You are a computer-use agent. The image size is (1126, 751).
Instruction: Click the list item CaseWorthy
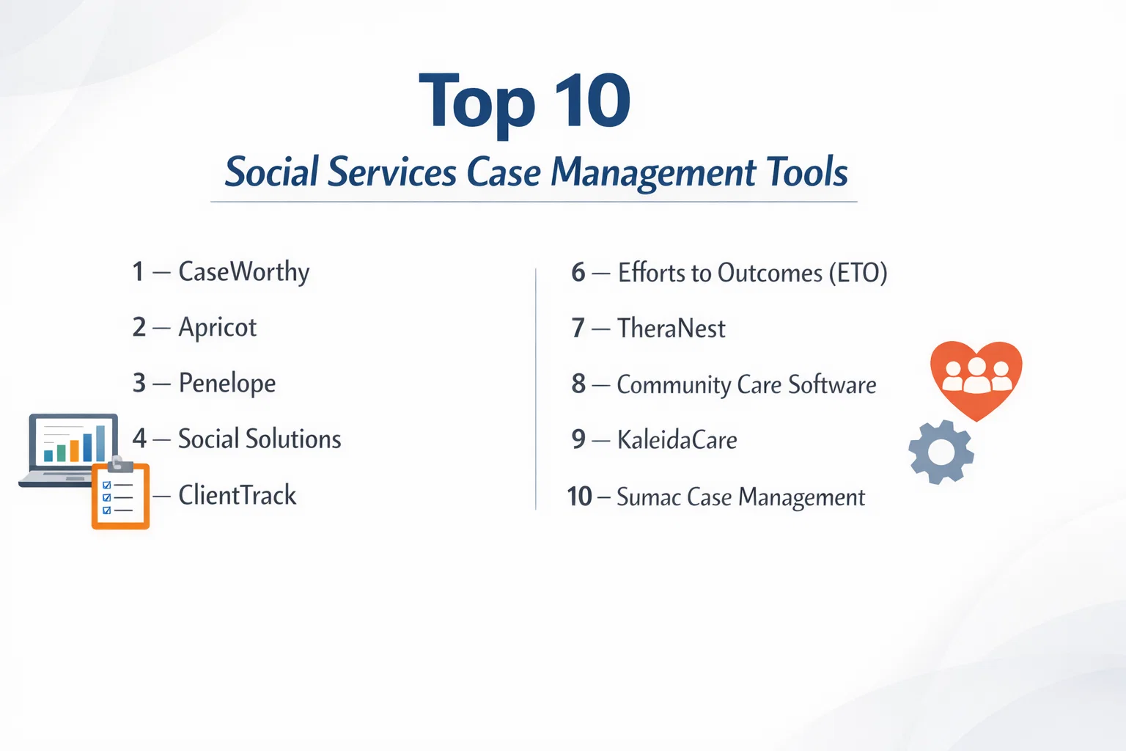244,273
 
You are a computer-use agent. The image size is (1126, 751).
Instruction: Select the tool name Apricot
218,328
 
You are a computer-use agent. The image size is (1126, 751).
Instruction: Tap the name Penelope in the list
227,384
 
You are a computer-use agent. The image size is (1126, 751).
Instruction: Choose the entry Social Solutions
260,438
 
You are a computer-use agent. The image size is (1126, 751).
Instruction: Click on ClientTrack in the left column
238,495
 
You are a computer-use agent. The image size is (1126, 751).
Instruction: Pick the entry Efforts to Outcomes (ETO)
753,273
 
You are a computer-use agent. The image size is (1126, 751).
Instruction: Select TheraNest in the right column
671,329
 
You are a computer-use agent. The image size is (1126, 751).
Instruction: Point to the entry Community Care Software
746,385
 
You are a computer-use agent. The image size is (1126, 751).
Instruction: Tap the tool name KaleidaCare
677,439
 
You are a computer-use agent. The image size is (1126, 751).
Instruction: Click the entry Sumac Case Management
741,497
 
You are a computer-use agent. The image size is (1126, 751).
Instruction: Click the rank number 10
580,497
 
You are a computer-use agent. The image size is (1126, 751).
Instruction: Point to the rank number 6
578,272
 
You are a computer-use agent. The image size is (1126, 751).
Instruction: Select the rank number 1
139,271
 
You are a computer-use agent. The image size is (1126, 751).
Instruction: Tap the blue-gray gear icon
941,453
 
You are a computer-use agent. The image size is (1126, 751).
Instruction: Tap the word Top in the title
476,103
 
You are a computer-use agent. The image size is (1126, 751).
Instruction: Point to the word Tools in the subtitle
807,172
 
